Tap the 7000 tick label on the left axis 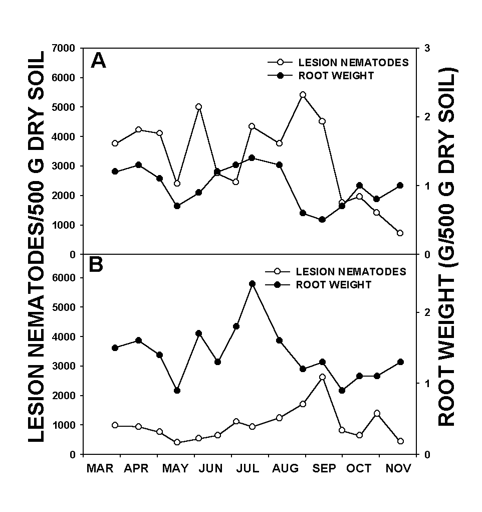(63, 48)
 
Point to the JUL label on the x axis (248, 469)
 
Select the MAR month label (100, 469)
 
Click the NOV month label (399, 469)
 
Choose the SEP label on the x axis (323, 469)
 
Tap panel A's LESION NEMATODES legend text (353, 63)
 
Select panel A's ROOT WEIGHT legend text (336, 76)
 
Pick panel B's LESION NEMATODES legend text (351, 272)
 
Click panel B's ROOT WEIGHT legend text (334, 285)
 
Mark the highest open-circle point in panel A (303, 95)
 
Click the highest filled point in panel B (252, 284)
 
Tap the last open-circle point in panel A (400, 233)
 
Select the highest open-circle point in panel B (322, 377)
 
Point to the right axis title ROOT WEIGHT (447, 246)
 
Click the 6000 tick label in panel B (63, 278)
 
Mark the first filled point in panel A (115, 172)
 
